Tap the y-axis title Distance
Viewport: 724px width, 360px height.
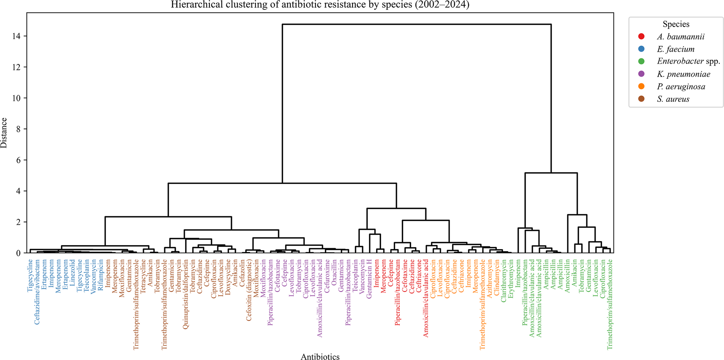[x=4, y=133]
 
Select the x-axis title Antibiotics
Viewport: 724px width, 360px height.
[x=320, y=357]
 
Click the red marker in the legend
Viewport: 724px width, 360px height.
[x=642, y=37]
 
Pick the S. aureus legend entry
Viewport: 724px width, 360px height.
[x=673, y=99]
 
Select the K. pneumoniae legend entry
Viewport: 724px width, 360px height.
[x=683, y=74]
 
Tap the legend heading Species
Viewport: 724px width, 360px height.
[x=676, y=24]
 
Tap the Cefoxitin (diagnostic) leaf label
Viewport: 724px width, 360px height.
[x=249, y=290]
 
